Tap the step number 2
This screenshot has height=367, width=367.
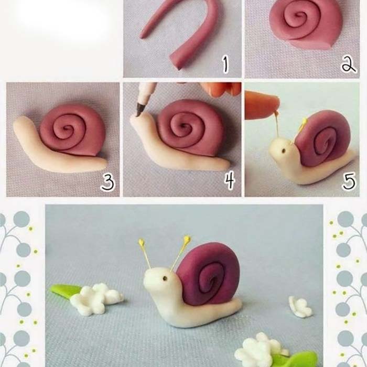(348, 64)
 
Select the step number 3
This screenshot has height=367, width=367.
(108, 182)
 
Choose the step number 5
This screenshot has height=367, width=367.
(349, 181)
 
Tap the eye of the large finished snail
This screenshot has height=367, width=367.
(165, 278)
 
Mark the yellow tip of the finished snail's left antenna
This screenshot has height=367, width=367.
(141, 242)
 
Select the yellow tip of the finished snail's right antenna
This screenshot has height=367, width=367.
(187, 239)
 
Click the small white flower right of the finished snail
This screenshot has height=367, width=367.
(300, 307)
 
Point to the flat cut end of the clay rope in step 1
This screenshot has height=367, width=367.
(176, 61)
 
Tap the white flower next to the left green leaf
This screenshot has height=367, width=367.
(96, 299)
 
